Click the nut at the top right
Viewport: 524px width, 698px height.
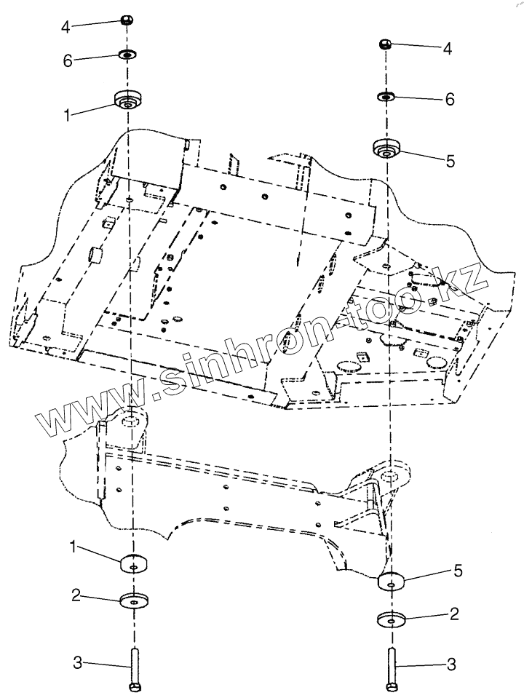386,45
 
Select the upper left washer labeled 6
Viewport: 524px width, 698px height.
128,54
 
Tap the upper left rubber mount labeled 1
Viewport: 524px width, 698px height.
128,100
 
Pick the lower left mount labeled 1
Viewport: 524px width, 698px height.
133,563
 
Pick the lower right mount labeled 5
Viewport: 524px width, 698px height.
392,582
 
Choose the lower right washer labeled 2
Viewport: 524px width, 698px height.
392,621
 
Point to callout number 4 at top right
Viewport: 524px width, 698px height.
448,49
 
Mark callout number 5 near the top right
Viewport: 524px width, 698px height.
450,162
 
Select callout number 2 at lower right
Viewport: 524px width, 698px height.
454,615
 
